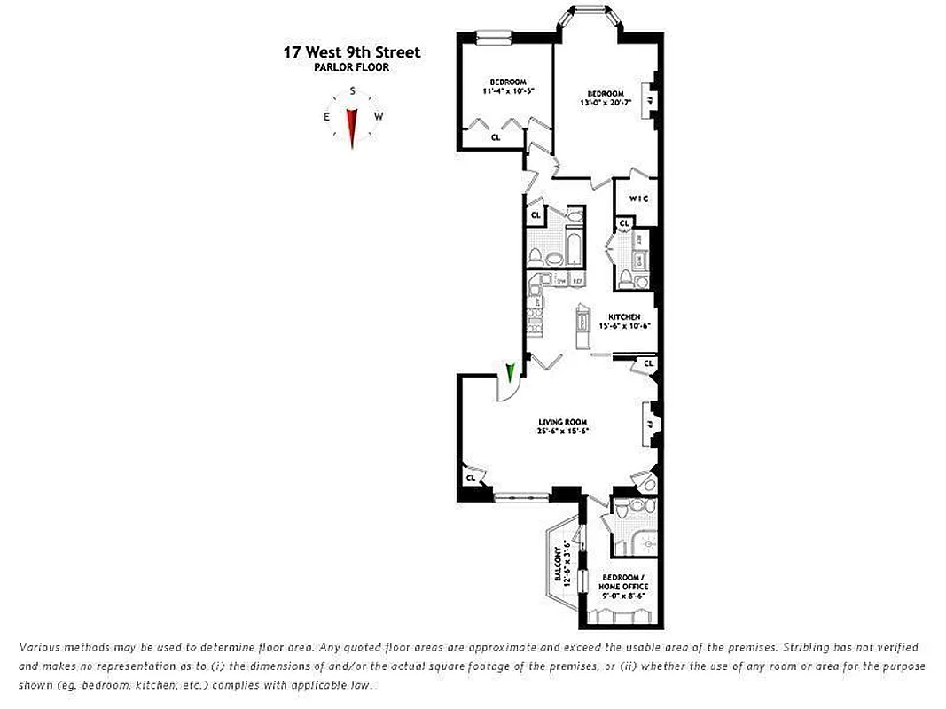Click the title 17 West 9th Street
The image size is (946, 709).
[352, 52]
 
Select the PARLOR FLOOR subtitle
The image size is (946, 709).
[352, 67]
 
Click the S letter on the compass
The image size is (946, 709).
[353, 91]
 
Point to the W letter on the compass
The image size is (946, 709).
[379, 117]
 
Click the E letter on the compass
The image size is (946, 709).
[327, 117]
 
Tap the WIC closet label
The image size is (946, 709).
[639, 199]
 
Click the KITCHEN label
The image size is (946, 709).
[623, 316]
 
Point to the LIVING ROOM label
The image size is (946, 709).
[562, 422]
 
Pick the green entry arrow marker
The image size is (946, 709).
[510, 373]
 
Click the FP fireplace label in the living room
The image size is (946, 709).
[650, 425]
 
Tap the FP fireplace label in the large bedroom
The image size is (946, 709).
[649, 100]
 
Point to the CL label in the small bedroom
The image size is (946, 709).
[496, 137]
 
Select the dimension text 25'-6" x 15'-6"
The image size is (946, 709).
[562, 432]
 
